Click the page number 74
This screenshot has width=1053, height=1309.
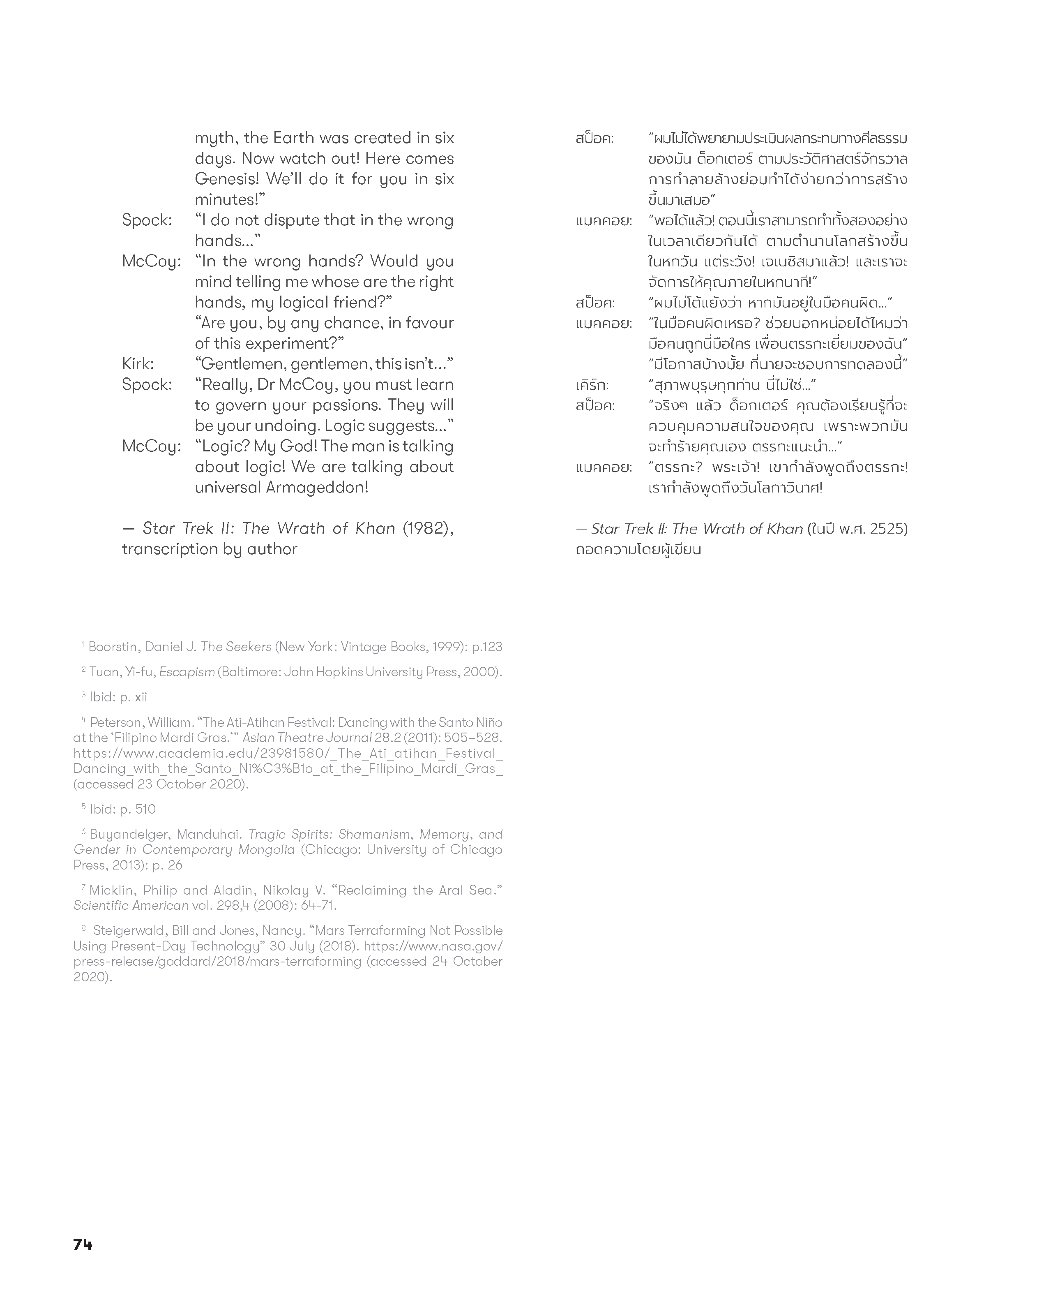[83, 1244]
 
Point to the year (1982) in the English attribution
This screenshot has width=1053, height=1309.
[427, 528]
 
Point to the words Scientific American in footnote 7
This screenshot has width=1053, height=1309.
[131, 905]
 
